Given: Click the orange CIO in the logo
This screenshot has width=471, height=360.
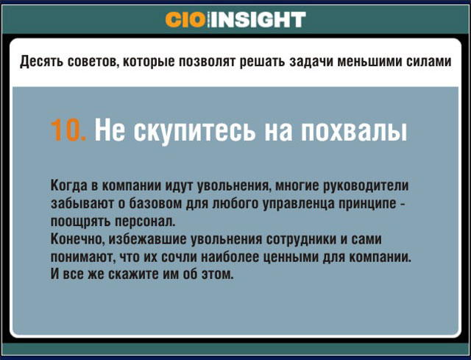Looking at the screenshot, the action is (185, 20).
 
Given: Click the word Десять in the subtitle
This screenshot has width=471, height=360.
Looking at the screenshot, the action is (41, 62).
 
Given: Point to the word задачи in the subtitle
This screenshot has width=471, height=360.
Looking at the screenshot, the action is (311, 62).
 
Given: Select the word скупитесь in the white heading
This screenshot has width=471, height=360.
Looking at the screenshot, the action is (194, 130).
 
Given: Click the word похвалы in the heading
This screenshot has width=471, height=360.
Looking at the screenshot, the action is (354, 130).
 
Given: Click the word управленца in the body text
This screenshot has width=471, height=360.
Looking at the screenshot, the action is (299, 203).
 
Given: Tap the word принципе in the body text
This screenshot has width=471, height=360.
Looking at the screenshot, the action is (367, 203).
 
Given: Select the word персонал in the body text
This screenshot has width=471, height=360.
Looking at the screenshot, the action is (145, 222).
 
